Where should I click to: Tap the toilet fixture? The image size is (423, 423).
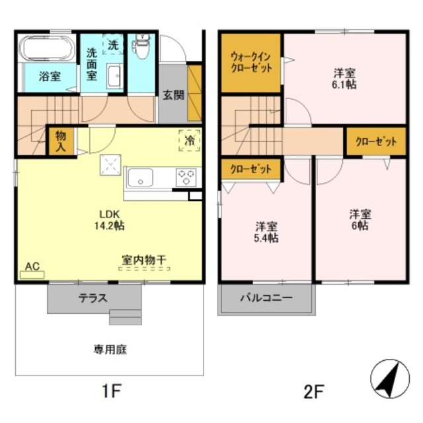point(139,47)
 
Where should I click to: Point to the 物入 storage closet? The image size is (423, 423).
point(60,140)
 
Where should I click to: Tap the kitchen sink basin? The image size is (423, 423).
point(140,178)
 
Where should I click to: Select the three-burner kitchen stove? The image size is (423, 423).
point(186,177)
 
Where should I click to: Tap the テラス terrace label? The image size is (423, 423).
point(93,298)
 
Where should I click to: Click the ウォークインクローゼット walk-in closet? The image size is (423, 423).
point(251,63)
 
